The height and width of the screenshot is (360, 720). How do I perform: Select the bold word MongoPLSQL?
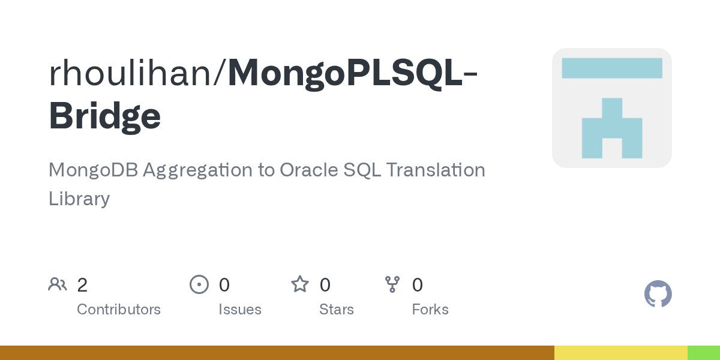pos(344,73)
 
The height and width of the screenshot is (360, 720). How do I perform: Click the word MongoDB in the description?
pos(95,170)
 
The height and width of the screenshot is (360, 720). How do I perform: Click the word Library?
pos(79,199)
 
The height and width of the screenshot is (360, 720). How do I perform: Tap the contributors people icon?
pos(58,284)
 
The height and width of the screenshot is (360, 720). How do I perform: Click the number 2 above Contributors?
pos(82,285)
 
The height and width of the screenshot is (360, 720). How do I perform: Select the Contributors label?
pos(119,310)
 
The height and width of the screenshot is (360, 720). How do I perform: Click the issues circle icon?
pos(199,284)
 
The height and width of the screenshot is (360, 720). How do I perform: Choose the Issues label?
pos(240,310)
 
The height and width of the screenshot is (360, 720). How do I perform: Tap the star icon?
pos(299,284)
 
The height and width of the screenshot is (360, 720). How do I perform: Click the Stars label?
pos(337,310)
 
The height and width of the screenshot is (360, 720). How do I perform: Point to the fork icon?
pos(392,284)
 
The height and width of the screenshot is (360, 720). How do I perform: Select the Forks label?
pos(430,310)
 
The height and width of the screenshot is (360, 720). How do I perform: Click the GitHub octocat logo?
pos(658,294)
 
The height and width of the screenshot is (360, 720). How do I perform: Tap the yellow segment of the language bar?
pos(620,353)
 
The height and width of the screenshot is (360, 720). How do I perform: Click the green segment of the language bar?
pos(703,353)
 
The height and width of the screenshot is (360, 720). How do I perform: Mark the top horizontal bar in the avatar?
pos(611,68)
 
